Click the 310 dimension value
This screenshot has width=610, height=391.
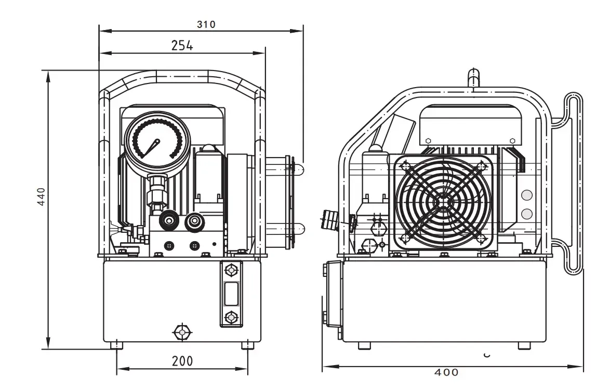coord(206,24)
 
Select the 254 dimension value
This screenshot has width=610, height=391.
coord(182,46)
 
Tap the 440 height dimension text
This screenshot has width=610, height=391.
coord(42,197)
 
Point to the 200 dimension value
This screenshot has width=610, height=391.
coord(182,360)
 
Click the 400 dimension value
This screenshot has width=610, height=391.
coord(447,372)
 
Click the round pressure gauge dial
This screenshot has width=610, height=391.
coord(155,140)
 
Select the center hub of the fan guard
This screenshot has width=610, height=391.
coord(443,202)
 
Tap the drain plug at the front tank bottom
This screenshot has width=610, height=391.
coord(181,331)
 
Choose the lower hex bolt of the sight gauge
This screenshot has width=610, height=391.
coord(231,316)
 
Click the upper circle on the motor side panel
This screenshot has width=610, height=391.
coord(526,195)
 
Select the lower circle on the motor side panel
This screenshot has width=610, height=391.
coord(526,213)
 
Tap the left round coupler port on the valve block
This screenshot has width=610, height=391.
coord(167,221)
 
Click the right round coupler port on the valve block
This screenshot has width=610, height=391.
coord(195,221)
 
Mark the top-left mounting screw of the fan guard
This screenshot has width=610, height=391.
coord(405,165)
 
